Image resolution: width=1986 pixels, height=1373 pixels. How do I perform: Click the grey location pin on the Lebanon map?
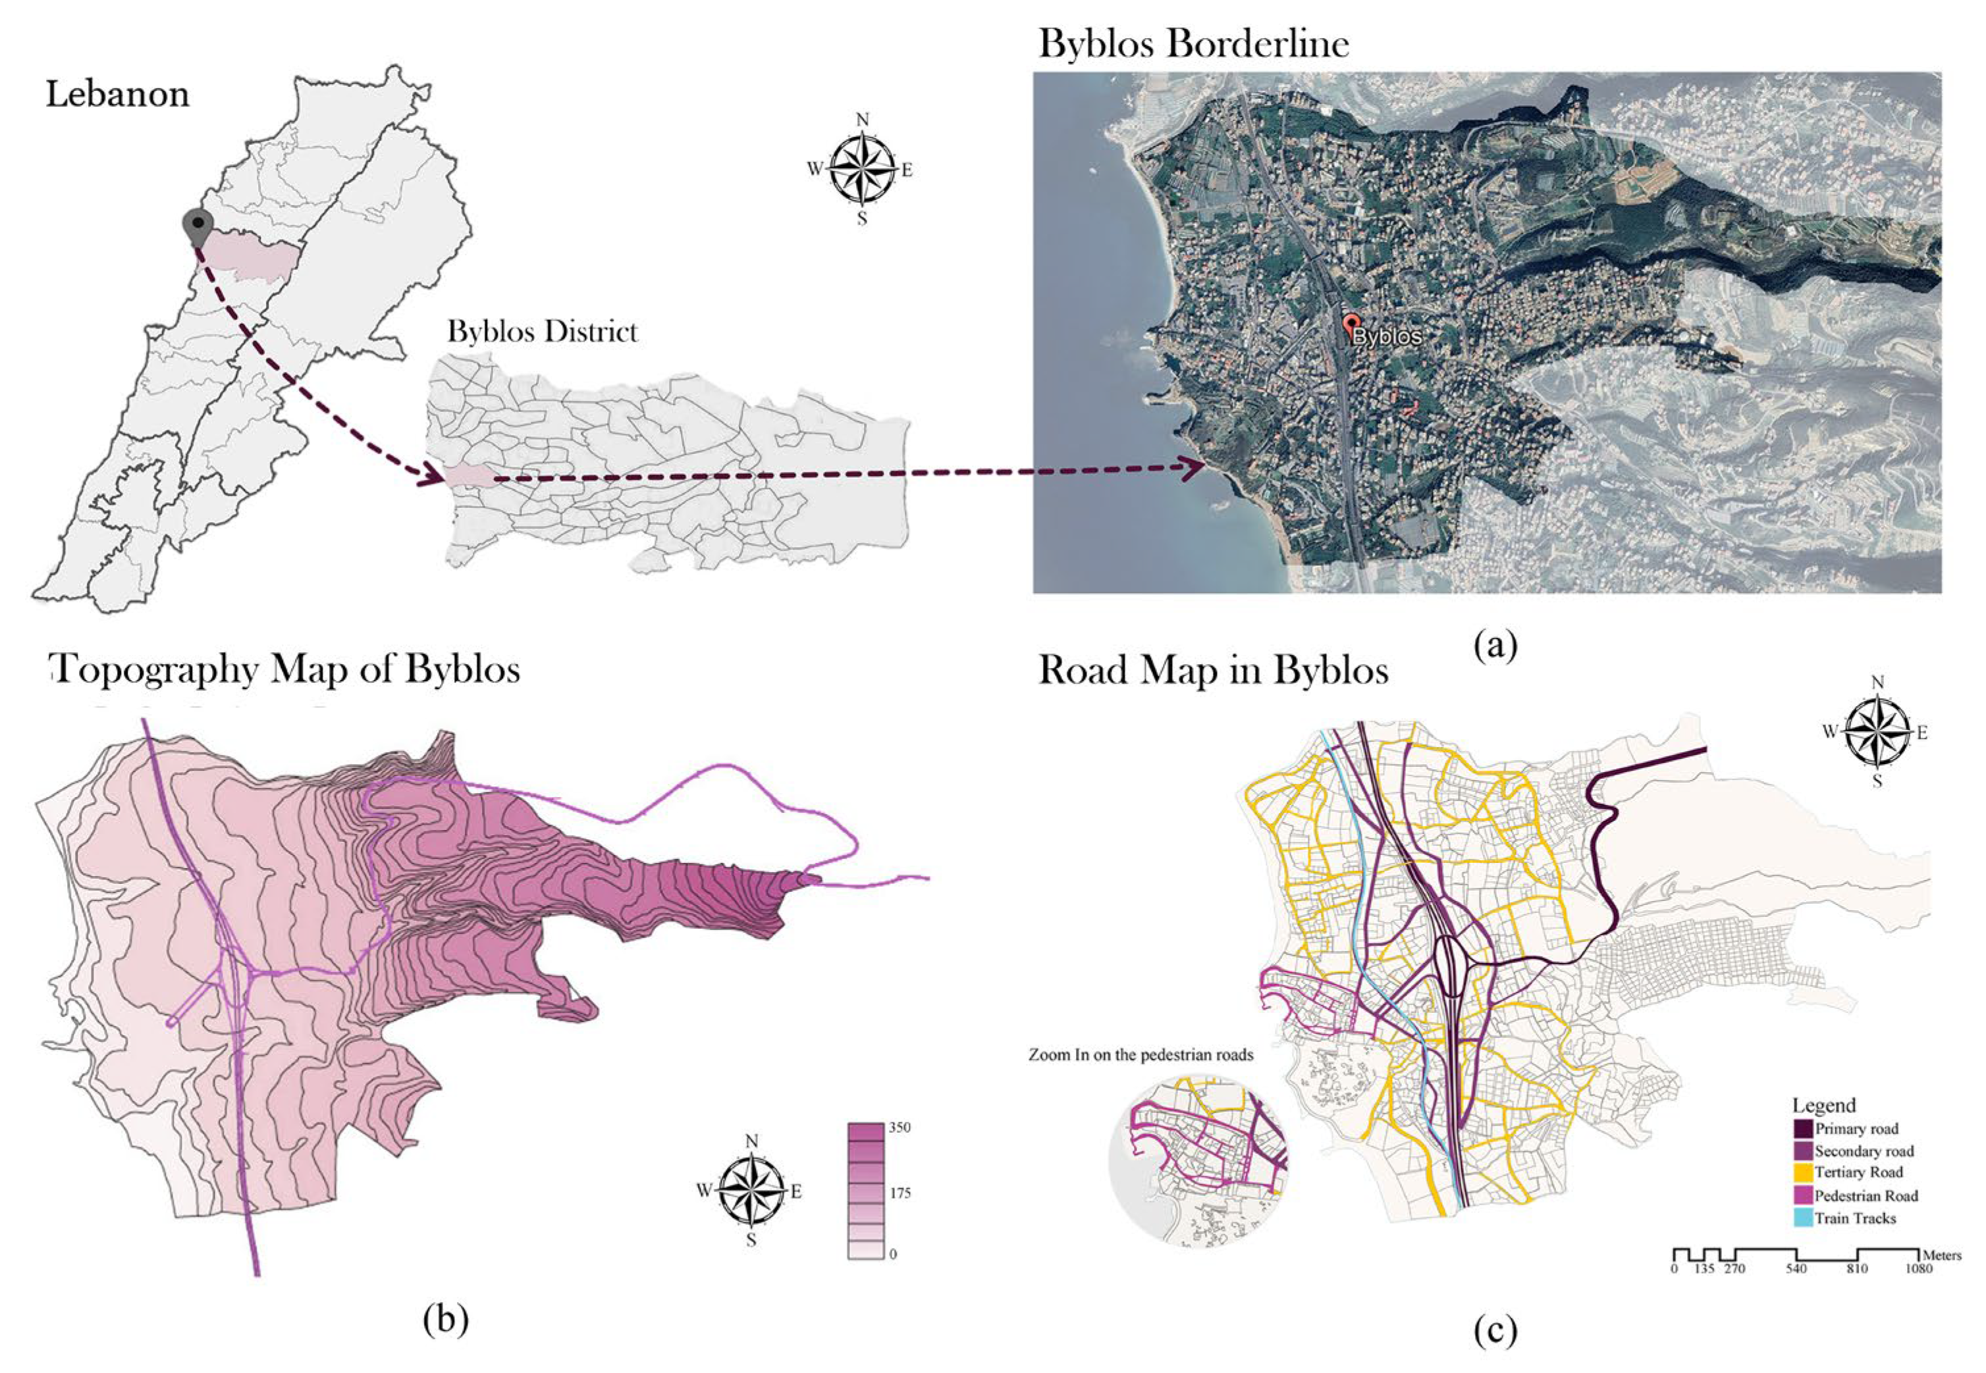tap(198, 225)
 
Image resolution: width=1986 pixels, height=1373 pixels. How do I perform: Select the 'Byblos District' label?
tap(542, 332)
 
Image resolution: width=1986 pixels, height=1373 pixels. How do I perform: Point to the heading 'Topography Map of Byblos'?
tap(286, 670)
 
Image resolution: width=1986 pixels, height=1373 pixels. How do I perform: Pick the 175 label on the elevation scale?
tap(899, 1193)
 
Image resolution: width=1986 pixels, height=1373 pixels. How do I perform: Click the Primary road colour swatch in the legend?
tap(1803, 1129)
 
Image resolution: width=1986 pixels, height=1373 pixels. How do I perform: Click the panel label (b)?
tap(446, 1319)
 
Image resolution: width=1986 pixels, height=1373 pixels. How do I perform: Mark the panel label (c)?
tap(1495, 1331)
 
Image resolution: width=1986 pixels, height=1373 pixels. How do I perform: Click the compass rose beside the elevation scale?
tap(751, 1191)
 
